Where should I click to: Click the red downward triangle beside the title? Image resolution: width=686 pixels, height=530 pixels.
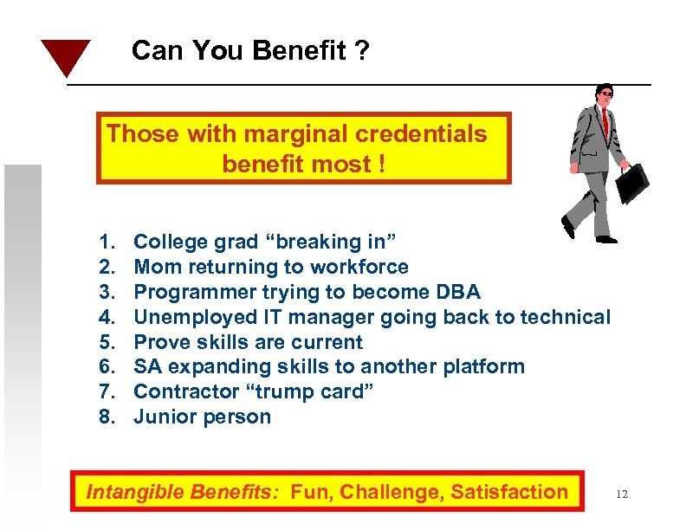tap(66, 55)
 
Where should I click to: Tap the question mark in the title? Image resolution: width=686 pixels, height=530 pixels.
tap(361, 52)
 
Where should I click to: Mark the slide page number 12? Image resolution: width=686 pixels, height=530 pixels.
tap(621, 494)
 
